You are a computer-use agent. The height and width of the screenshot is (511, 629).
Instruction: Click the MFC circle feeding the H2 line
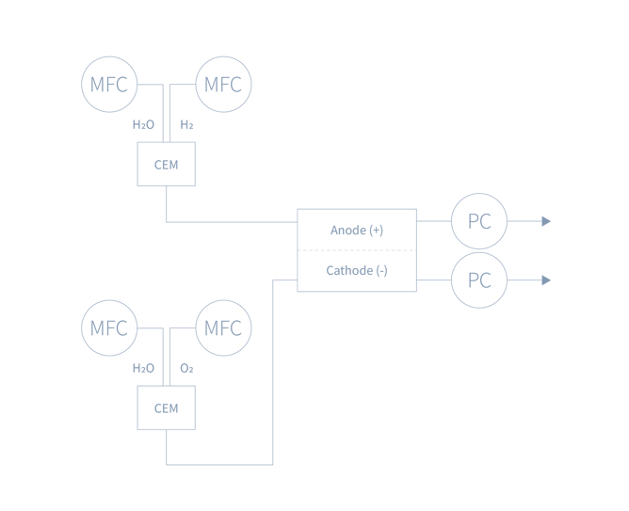pos(223,85)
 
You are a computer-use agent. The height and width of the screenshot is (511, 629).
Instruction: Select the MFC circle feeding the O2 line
pos(223,328)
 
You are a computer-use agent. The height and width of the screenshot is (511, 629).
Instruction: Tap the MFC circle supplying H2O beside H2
pos(109,85)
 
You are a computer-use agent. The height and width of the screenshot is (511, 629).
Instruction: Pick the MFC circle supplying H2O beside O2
pos(109,328)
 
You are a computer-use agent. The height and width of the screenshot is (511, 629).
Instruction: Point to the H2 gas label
pos(186,124)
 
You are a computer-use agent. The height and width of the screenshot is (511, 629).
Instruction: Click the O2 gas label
pos(186,368)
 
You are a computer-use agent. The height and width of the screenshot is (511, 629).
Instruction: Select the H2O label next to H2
pos(143,124)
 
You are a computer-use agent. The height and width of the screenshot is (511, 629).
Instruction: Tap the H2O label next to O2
pos(143,368)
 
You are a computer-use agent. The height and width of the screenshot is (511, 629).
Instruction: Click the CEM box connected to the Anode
pos(167,165)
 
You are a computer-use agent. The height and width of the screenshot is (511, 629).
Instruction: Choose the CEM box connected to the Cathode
pos(167,408)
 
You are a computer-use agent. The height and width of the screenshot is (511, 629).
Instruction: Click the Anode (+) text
pos(357,230)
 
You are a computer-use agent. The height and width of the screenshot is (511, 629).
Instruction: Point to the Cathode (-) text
pos(357,271)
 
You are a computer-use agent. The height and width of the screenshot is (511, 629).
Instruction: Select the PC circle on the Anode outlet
pos(479,222)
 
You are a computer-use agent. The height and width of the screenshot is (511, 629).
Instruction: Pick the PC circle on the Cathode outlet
pos(479,280)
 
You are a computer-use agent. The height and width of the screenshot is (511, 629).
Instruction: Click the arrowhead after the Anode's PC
pos(546,222)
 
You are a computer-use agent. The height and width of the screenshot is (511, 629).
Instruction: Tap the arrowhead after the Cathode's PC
pos(546,280)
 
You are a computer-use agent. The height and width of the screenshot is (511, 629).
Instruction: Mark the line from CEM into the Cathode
pos(273,376)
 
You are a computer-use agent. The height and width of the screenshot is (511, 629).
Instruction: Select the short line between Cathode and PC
pos(433,280)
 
